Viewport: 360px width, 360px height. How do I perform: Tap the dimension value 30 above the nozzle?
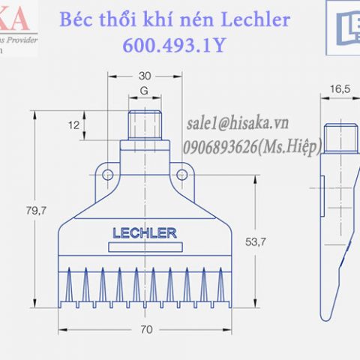pyautogui.click(x=145, y=76)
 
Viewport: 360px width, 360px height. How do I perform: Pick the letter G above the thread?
pyautogui.click(x=145, y=93)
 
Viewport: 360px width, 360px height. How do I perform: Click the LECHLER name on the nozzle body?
pyautogui.click(x=144, y=232)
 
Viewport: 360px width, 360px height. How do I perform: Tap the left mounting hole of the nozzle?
pyautogui.click(x=108, y=175)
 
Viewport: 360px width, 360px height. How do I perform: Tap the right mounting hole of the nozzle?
pyautogui.click(x=181, y=175)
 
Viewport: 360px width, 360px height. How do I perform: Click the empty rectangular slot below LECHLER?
pyautogui.click(x=144, y=248)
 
